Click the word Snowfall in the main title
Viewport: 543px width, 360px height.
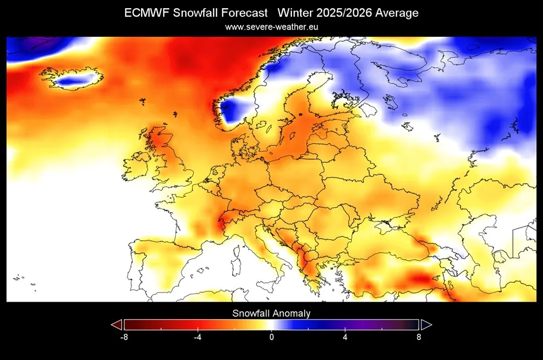[194, 13]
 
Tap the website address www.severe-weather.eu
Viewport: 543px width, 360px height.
[271, 27]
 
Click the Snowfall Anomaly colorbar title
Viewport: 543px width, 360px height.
[271, 313]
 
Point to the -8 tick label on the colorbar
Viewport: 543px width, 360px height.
[123, 337]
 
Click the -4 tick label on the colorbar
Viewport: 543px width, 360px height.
[197, 337]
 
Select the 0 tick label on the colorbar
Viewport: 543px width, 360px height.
[271, 337]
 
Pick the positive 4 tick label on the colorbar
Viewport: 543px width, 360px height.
[345, 337]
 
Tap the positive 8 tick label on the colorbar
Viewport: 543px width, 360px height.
[419, 337]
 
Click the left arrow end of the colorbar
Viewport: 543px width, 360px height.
[117, 325]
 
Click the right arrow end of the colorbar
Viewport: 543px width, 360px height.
[426, 325]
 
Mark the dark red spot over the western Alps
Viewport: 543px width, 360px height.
[222, 223]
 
